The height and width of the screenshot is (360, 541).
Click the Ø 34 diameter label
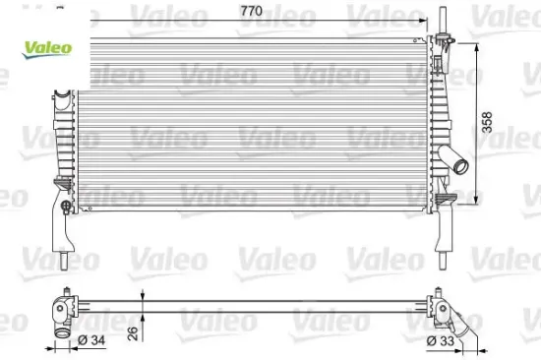(x=91, y=340)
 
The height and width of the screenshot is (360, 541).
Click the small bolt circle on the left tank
(x=65, y=206)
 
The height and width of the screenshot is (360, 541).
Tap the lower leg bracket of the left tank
(x=60, y=232)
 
